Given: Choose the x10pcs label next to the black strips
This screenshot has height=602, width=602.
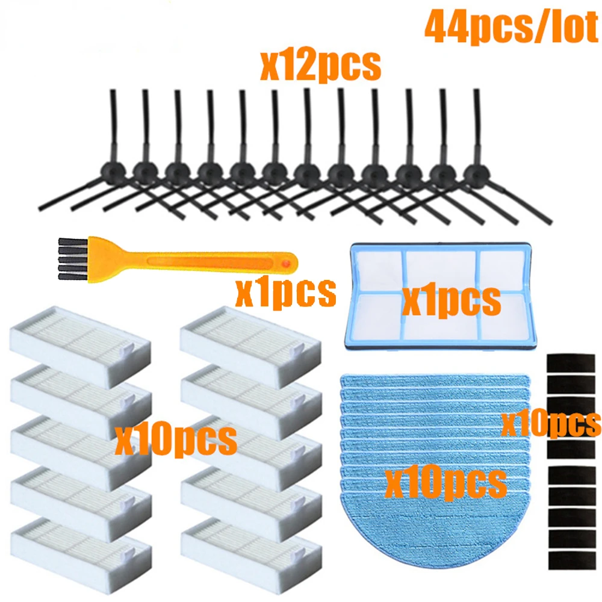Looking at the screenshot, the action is click(551, 423).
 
